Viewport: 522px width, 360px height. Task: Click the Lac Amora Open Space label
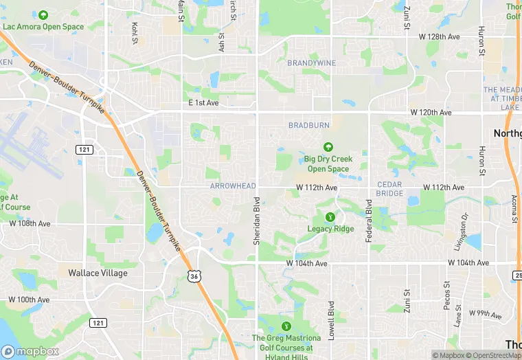click(x=43, y=27)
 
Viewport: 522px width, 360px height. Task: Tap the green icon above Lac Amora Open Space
click(x=43, y=15)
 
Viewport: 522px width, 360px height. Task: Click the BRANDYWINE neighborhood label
click(x=312, y=63)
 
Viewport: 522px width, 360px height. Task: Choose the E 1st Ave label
click(x=203, y=102)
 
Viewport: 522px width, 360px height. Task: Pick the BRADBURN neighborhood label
click(x=309, y=125)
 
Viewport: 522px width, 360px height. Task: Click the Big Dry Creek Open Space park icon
click(x=328, y=146)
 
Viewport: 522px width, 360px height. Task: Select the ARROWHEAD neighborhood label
click(x=233, y=186)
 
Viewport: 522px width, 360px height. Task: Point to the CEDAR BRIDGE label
click(x=390, y=189)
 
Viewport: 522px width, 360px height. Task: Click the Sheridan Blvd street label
click(x=257, y=222)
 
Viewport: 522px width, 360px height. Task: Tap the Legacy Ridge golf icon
click(x=330, y=216)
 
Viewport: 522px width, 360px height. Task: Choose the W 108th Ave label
click(x=30, y=223)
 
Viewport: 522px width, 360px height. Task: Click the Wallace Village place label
click(x=98, y=273)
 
